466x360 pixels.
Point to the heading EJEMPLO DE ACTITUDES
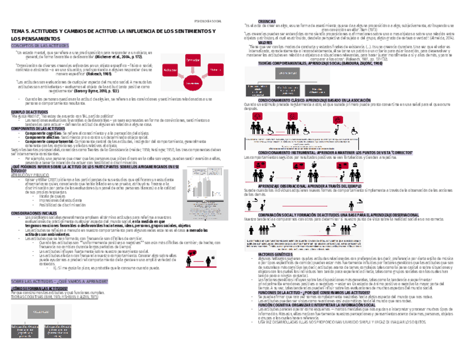click(x=30, y=111)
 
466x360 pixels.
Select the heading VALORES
click(x=265, y=42)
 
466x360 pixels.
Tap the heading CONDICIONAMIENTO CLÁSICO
click(x=335, y=101)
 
